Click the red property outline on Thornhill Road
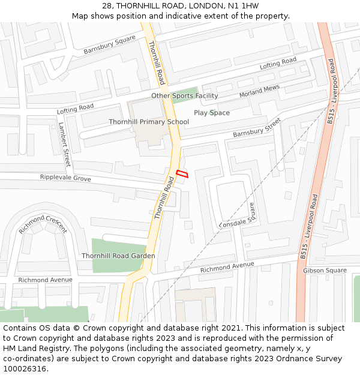point(182,174)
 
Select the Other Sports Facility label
point(184,96)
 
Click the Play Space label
point(211,113)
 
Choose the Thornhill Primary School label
point(149,122)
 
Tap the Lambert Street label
point(64,144)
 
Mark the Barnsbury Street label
point(257,127)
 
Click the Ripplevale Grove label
point(65,178)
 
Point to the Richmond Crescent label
point(43,224)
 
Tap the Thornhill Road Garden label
point(118,256)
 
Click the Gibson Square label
point(325,271)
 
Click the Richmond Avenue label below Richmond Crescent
point(45,280)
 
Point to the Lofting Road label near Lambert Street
point(75,109)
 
